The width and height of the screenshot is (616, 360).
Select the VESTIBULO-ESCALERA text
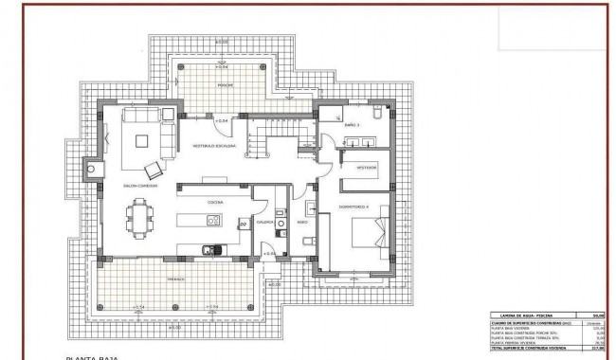pos(215,147)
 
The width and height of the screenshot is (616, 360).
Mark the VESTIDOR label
pos(367,167)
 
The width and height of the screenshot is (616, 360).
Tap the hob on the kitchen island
pos(214,221)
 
